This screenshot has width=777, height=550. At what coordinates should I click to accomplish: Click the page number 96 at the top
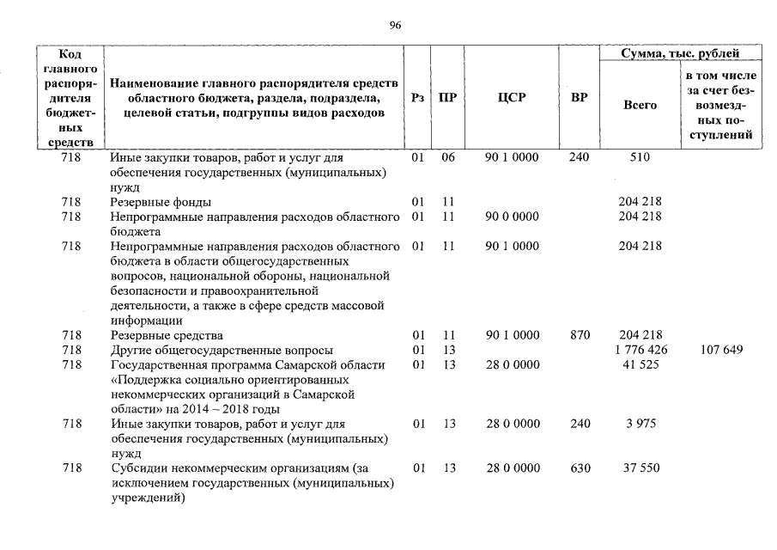[x=395, y=25]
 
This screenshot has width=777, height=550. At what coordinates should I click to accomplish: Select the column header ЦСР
[x=512, y=98]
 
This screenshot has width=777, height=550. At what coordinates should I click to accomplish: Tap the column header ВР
[x=580, y=98]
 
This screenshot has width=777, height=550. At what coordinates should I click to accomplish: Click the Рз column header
[x=418, y=98]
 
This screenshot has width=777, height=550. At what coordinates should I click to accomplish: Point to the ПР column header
[x=447, y=98]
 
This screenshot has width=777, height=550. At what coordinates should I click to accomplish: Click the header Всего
[x=640, y=105]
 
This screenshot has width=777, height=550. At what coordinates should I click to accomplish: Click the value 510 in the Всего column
[x=640, y=157]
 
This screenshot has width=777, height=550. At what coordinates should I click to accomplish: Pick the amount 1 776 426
[x=640, y=350]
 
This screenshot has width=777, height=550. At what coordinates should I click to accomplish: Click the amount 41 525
[x=640, y=365]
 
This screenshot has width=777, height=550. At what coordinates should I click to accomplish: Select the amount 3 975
[x=640, y=424]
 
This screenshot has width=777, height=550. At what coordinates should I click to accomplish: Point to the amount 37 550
[x=640, y=468]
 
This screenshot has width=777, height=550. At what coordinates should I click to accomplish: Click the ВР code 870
[x=580, y=335]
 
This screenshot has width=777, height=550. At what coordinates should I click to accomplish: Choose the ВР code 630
[x=580, y=468]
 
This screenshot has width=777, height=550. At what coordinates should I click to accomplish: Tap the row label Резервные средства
[x=167, y=335]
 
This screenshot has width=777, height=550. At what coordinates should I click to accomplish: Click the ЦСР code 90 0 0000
[x=512, y=217]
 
